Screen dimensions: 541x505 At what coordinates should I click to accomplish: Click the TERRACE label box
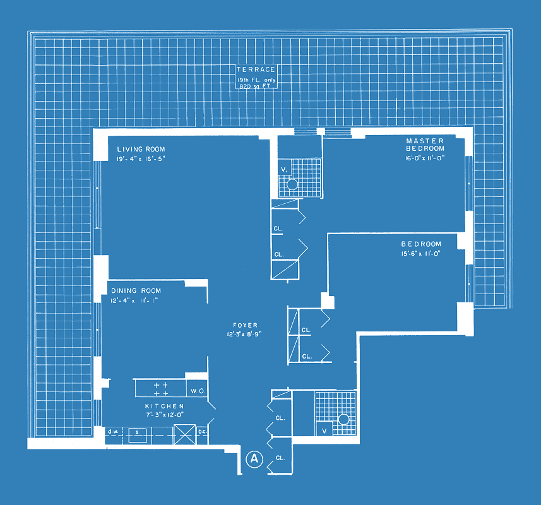click(x=256, y=76)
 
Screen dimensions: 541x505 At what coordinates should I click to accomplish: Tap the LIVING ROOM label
click(x=141, y=149)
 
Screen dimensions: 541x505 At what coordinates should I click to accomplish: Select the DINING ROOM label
click(x=136, y=290)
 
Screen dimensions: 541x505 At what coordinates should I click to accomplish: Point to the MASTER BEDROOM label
click(x=425, y=145)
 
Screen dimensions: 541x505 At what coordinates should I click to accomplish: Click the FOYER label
click(x=245, y=325)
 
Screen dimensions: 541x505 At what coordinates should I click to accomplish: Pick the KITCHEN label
click(x=164, y=406)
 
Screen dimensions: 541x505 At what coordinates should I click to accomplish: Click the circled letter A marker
click(x=254, y=459)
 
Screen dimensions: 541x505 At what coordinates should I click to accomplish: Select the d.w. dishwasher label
click(x=113, y=432)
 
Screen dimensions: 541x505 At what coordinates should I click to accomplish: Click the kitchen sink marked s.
click(x=138, y=435)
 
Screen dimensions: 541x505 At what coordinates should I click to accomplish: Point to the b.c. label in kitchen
click(x=202, y=432)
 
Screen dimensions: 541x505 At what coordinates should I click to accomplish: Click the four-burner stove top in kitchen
click(x=161, y=388)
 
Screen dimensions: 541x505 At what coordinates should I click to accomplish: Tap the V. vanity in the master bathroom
click(x=284, y=169)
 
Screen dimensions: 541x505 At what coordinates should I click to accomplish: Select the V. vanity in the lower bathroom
click(x=324, y=430)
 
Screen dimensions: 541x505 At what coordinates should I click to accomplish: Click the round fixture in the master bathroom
click(x=292, y=184)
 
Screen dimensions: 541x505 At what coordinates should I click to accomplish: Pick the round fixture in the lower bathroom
click(x=343, y=419)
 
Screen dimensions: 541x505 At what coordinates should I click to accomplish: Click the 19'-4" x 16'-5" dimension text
click(x=141, y=158)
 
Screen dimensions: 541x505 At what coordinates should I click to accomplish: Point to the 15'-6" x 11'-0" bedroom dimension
click(x=420, y=254)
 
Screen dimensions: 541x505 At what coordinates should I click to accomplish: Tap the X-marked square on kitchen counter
click(x=184, y=434)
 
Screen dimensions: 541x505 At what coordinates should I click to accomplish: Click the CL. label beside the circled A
click(x=280, y=458)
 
